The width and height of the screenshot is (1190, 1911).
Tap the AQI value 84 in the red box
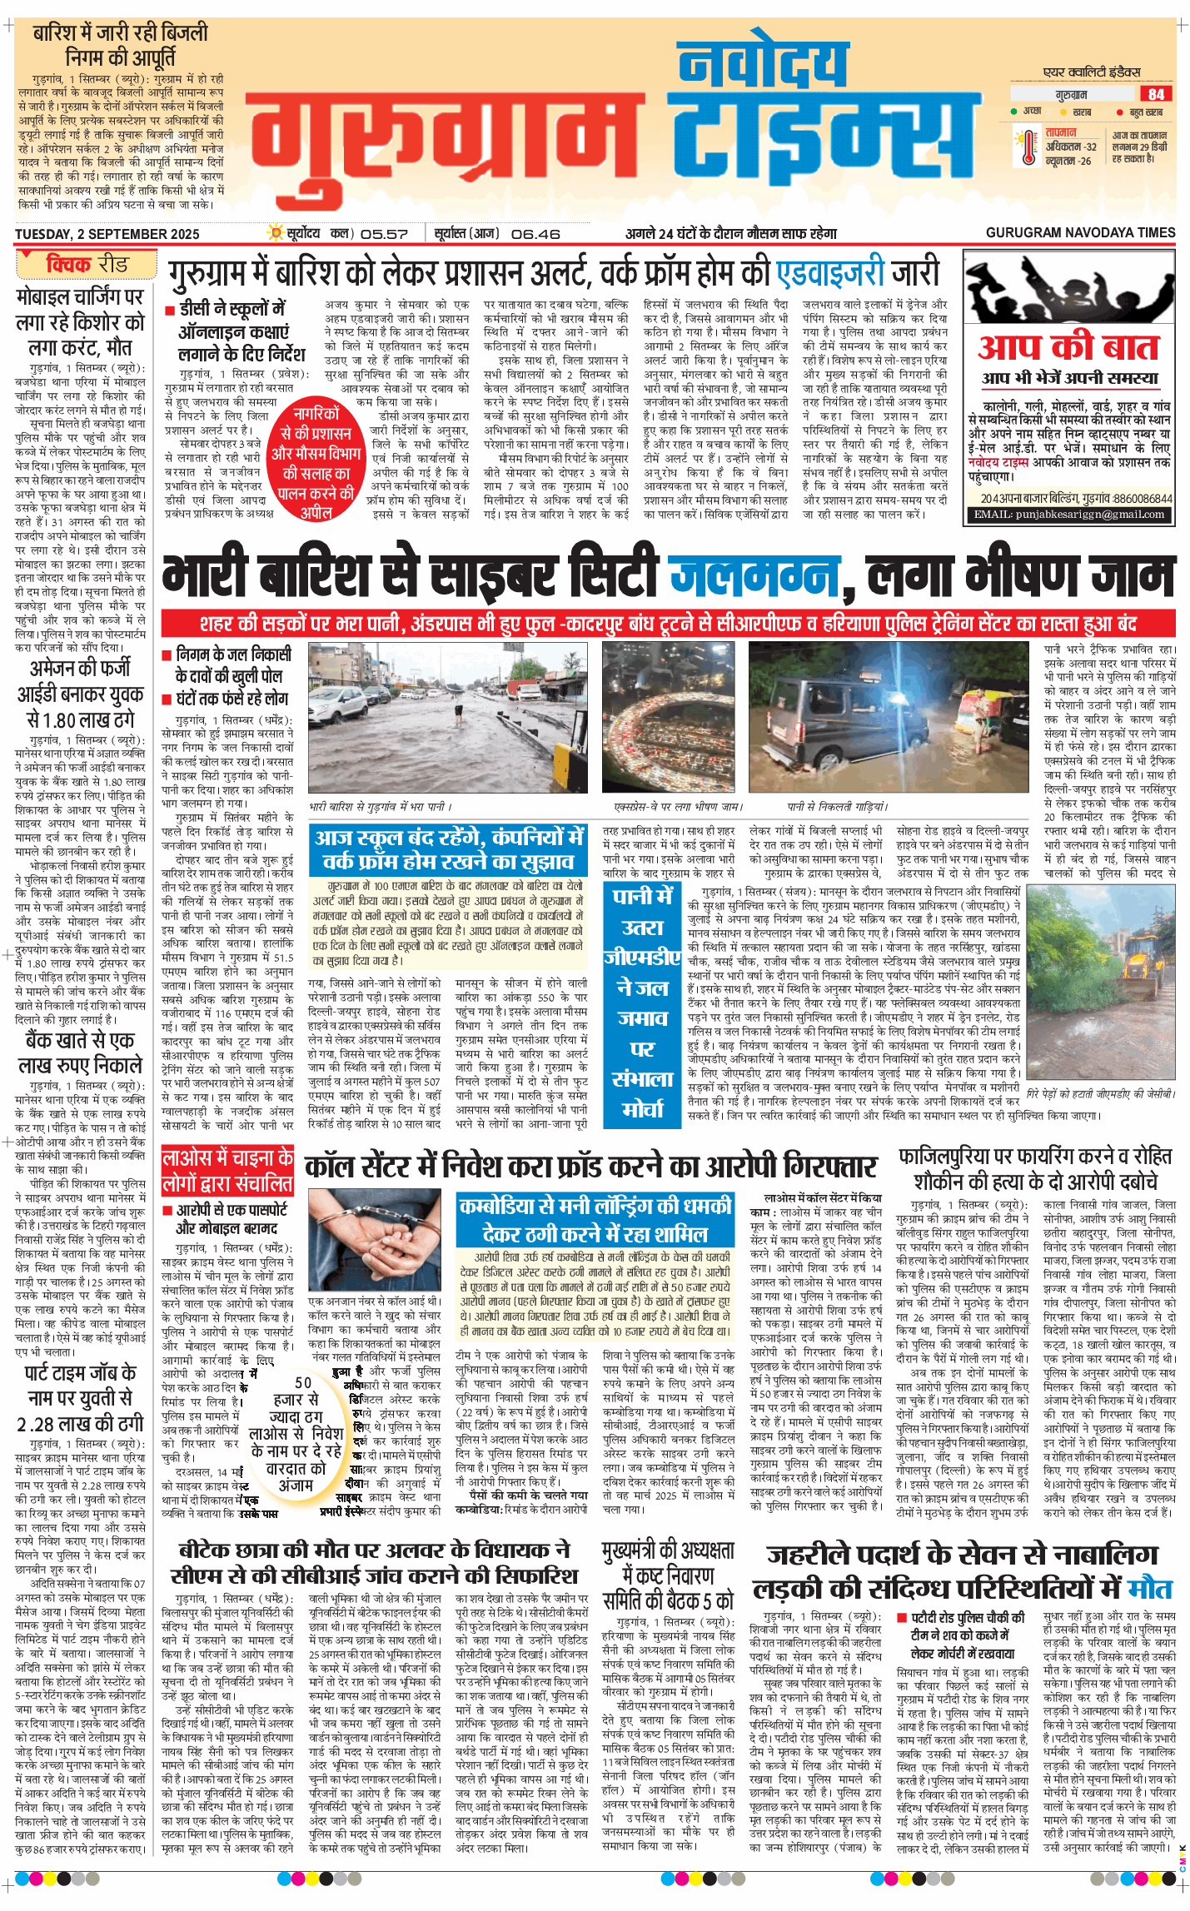1156,94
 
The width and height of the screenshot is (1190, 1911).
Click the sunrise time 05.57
384,235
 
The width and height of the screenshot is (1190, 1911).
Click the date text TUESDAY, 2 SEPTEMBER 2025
107,235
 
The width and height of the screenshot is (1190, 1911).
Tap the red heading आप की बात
1068,346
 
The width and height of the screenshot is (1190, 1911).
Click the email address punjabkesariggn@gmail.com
1069,515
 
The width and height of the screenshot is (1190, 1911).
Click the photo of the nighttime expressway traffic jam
669,718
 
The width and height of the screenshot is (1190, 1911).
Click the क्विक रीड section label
87,265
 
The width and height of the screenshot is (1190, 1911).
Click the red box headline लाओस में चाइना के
227,1171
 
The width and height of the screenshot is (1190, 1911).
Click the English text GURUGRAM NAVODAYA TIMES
1080,233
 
